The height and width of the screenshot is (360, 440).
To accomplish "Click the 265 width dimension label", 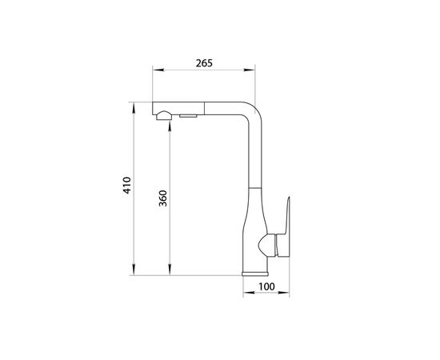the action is (x=204, y=63).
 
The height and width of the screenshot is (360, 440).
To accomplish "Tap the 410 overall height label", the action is (x=127, y=185).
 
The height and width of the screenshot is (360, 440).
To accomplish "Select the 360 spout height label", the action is (x=162, y=198).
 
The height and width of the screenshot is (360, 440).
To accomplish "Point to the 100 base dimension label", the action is (x=266, y=286).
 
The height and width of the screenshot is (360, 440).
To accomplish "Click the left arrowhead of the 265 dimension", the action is (x=158, y=70).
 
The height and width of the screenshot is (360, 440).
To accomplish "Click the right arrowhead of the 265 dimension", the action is (x=249, y=70).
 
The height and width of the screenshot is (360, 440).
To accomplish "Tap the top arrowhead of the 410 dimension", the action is (x=134, y=108).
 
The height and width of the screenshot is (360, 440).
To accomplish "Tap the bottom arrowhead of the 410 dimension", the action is (x=134, y=270).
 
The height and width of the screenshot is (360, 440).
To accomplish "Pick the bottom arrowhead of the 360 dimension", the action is (x=170, y=270).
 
